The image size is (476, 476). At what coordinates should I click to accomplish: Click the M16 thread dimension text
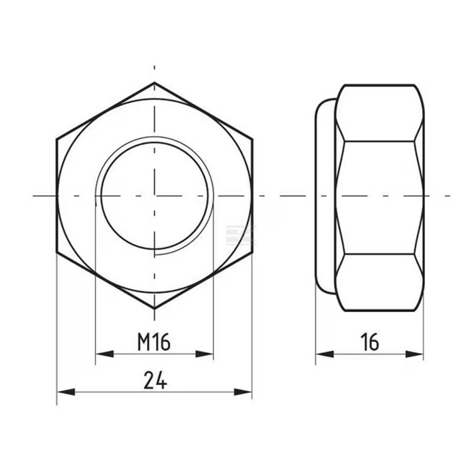pos(154,342)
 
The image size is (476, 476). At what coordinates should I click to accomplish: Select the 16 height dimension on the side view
pos(370,342)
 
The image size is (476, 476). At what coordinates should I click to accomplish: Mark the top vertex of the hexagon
pos(154,83)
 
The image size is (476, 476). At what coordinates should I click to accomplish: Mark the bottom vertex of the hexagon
pos(154,308)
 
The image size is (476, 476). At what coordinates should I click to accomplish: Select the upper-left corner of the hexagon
pos(56,139)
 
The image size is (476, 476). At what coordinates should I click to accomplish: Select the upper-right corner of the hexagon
pos(252,139)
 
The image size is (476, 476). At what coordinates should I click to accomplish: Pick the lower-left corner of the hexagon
pos(56,252)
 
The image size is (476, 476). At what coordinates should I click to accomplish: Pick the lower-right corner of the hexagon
pos(252,252)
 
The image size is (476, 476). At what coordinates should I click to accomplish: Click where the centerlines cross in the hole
pos(154,196)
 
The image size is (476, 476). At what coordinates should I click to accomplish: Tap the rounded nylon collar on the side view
pos(325,196)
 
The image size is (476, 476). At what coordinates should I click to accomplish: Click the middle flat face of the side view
pos(379,197)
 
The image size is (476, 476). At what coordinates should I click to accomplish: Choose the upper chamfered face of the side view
pos(379,113)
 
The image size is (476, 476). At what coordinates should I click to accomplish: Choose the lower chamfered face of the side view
pos(379,282)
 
